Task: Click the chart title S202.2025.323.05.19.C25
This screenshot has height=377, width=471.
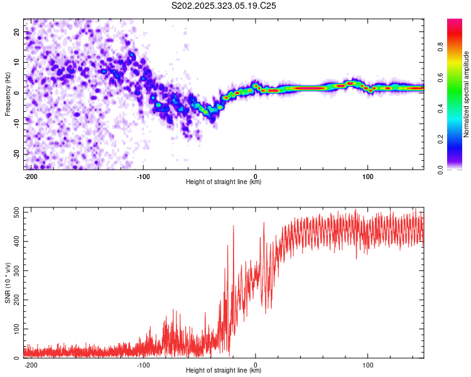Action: (224, 6)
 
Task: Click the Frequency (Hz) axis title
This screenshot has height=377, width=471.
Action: (8, 94)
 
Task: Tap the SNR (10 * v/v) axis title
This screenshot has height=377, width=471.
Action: (8, 283)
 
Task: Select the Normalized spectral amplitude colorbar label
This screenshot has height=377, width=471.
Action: (466, 94)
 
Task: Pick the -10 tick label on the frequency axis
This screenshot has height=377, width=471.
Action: (17, 124)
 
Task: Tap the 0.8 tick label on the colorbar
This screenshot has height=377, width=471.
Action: (440, 47)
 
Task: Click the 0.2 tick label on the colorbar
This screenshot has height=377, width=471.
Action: (440, 139)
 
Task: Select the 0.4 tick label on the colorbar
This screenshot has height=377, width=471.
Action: (440, 109)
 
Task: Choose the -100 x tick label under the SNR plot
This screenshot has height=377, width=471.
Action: (143, 365)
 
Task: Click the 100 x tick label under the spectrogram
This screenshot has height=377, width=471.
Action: (367, 177)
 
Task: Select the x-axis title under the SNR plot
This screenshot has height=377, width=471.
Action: (224, 370)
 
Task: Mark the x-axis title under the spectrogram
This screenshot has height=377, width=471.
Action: (224, 182)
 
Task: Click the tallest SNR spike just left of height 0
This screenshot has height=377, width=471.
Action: (234, 226)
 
